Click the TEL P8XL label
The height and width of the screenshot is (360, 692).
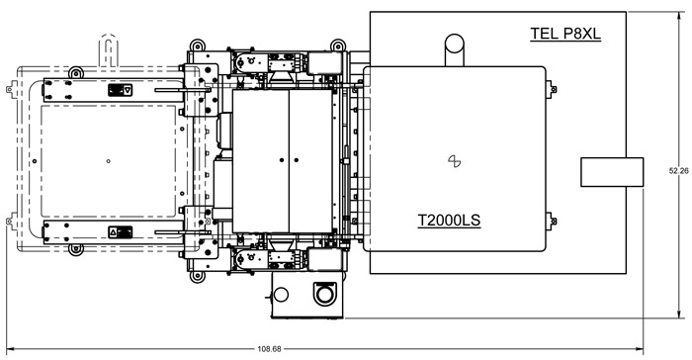coord(565,34)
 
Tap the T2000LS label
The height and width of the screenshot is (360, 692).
coord(449,220)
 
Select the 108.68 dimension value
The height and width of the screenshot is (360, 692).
coord(269,349)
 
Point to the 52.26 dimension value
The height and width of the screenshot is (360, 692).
coord(679,171)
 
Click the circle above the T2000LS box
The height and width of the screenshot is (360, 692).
coord(454,45)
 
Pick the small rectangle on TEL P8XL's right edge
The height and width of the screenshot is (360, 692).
coord(612,172)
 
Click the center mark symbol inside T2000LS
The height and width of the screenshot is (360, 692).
coord(454,161)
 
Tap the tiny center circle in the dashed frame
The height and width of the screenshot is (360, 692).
coord(109,161)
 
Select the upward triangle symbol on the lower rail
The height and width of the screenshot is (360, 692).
coord(113,231)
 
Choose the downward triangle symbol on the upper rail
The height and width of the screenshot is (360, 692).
coord(128,90)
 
